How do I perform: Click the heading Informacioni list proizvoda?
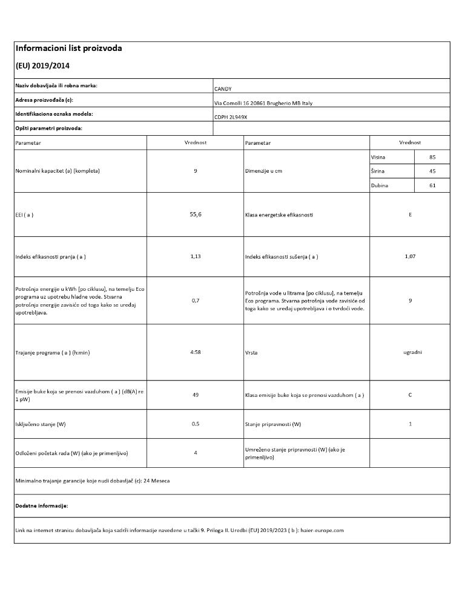tap(68, 48)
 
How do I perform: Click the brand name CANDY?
tap(223, 89)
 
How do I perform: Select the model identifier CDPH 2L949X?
tap(231, 117)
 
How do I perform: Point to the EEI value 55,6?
tap(196, 215)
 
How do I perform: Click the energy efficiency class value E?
tap(410, 215)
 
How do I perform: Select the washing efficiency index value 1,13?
tap(196, 256)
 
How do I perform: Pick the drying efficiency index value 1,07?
tap(410, 256)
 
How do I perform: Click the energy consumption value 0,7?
tap(196, 301)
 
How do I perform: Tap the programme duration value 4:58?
tap(196, 352)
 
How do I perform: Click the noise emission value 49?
tap(196, 395)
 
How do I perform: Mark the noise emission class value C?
tap(410, 395)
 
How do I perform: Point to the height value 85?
tap(432, 158)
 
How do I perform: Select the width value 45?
tap(432, 171)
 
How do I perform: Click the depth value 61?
tap(432, 185)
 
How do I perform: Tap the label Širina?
tap(378, 171)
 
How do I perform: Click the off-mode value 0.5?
tap(196, 424)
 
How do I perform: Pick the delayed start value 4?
tap(196, 453)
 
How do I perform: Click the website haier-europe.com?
tap(322, 530)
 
